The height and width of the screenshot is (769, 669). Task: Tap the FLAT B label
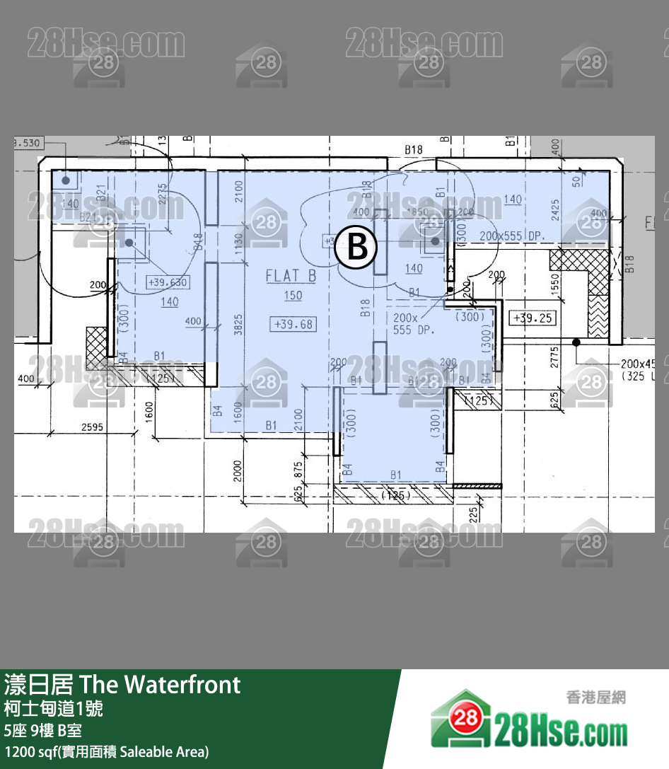tap(291, 276)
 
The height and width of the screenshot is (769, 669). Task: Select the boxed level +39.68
tap(293, 325)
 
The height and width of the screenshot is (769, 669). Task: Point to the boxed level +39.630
tap(168, 282)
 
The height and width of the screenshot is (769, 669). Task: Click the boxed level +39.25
tap(532, 318)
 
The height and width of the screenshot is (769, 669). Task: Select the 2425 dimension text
tap(555, 210)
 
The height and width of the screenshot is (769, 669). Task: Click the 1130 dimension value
tap(238, 245)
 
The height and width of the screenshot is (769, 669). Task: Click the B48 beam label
tap(198, 241)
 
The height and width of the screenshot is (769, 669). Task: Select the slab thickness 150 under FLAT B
tap(293, 296)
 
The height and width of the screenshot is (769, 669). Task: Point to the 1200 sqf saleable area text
tap(107, 751)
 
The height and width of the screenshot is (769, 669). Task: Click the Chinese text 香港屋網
tap(595, 698)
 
